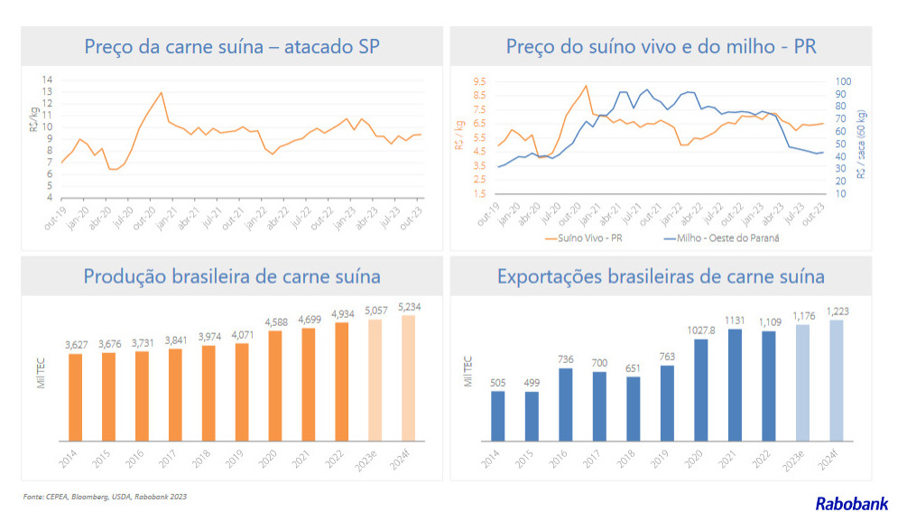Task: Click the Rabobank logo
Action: [x=851, y=503]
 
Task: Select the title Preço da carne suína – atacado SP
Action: [x=231, y=47]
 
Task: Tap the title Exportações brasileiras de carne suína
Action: [x=661, y=276]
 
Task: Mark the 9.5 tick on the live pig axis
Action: [x=478, y=81]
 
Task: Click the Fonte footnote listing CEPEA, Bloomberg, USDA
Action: [x=106, y=497]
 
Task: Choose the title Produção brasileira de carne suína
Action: [x=232, y=276]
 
